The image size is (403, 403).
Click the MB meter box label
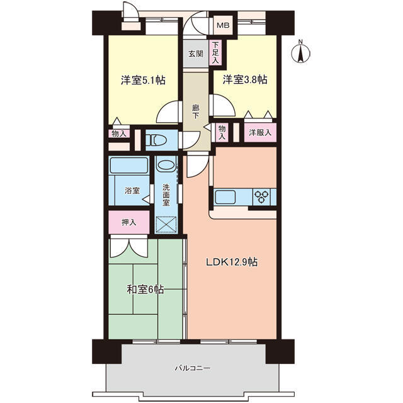click(x=223, y=25)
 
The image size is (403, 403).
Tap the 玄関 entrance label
click(x=196, y=54)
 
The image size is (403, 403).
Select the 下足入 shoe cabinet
click(x=215, y=53)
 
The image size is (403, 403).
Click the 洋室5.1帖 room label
click(x=143, y=80)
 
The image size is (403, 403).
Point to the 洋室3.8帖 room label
click(x=245, y=80)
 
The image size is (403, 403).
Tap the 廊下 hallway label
click(x=196, y=112)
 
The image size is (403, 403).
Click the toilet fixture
click(x=156, y=140)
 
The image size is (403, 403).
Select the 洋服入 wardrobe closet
click(x=260, y=133)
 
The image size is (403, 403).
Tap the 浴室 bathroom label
click(x=132, y=191)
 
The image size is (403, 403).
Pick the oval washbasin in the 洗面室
click(x=166, y=164)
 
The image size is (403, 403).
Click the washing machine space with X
click(x=166, y=224)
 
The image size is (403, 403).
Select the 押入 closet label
click(x=128, y=222)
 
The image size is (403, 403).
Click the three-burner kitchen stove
click(x=262, y=197)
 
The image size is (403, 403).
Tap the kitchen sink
click(x=225, y=197)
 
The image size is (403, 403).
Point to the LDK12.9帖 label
click(x=232, y=262)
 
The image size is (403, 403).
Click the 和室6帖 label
click(x=145, y=290)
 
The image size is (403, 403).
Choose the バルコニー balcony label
click(x=193, y=368)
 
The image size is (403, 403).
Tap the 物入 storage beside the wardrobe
click(x=222, y=133)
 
